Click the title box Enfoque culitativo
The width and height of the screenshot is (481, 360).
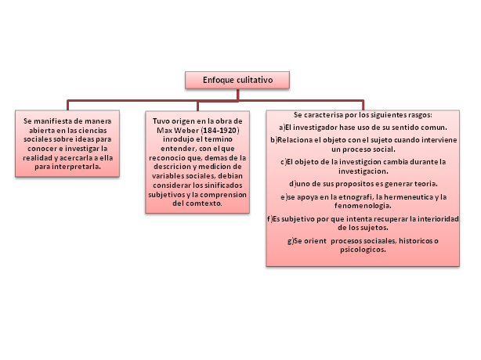coord(237,80)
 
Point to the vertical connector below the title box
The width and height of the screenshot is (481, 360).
coord(237,94)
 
